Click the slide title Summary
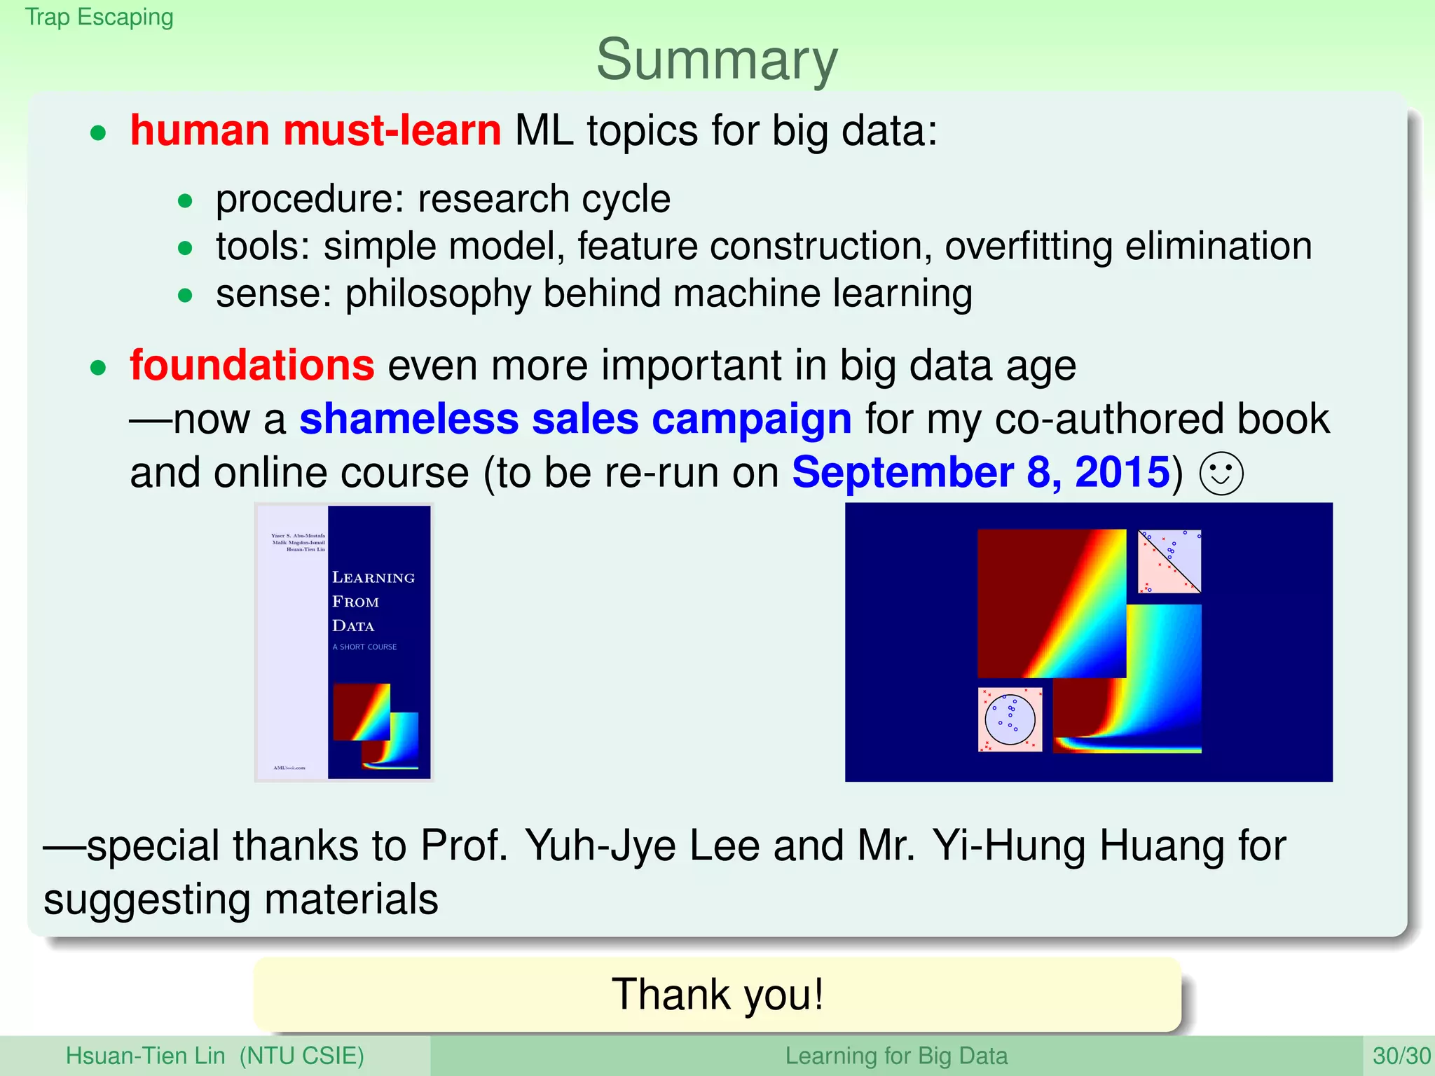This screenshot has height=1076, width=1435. coord(717,60)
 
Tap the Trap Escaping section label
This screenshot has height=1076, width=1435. coord(99,17)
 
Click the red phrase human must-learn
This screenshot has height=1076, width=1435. coord(315,131)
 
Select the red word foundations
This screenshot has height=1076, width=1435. coord(252,366)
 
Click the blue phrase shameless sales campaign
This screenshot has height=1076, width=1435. coord(575,420)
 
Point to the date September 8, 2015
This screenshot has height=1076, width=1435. coord(980,473)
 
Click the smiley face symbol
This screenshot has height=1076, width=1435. coord(1221,474)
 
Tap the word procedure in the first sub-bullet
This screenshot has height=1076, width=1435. coord(303,200)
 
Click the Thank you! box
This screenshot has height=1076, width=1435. coord(717,994)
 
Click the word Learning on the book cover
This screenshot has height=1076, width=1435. coord(373,578)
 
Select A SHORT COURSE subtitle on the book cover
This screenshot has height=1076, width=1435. coord(364,647)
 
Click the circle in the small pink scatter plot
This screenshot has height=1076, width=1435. coord(1010,719)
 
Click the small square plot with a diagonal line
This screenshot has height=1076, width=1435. coord(1169,561)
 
